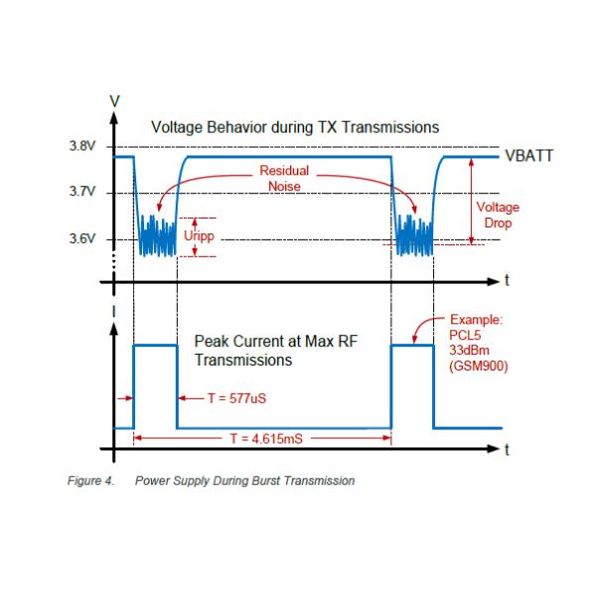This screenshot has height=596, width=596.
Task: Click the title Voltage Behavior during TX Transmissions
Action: [295, 127]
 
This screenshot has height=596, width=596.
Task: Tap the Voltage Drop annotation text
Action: [498, 215]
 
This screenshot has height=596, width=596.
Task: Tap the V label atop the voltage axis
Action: [116, 100]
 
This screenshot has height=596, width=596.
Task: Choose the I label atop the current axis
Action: [116, 311]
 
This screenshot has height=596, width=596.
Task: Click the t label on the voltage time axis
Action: [507, 281]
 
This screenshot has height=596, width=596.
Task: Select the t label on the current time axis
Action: [507, 449]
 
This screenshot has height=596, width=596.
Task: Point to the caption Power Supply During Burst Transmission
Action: [244, 482]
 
